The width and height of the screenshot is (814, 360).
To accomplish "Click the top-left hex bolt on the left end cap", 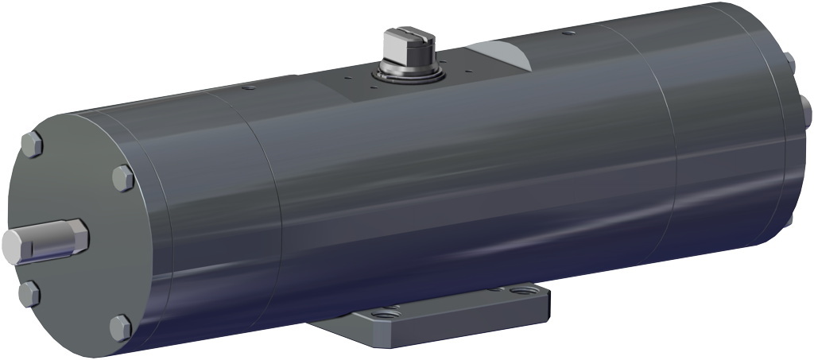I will pyautogui.click(x=32, y=144).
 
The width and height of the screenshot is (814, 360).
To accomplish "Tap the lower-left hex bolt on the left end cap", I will pyautogui.click(x=29, y=293).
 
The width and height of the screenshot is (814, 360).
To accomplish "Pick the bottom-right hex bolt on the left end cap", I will pyautogui.click(x=119, y=327).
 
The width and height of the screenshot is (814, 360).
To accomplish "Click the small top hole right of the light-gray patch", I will pyautogui.click(x=566, y=33).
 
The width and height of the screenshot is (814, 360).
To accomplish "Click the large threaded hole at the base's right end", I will pyautogui.click(x=521, y=293).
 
